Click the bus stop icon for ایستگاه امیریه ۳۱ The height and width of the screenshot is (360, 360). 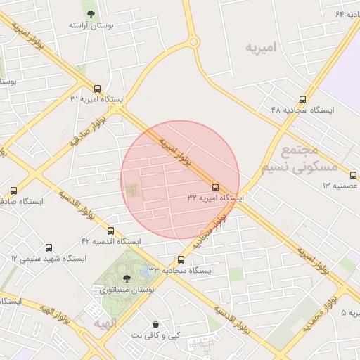97,89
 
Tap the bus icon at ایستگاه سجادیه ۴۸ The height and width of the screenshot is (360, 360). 302,99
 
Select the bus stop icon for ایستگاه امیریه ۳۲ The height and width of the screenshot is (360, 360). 216,187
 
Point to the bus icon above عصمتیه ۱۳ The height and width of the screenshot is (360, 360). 353,175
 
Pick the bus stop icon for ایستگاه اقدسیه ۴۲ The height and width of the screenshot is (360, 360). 110,231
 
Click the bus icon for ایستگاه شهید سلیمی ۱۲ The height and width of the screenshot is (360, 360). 49,248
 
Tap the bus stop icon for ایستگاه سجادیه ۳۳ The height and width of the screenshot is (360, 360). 181,259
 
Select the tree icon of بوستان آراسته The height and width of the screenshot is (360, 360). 89,14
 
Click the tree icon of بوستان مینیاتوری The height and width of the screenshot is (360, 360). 127,279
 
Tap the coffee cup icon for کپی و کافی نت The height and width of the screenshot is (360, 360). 155,325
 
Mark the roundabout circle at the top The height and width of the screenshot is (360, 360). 193,42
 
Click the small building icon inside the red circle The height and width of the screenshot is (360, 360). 131,190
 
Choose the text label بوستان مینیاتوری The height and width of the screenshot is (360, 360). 127,290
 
